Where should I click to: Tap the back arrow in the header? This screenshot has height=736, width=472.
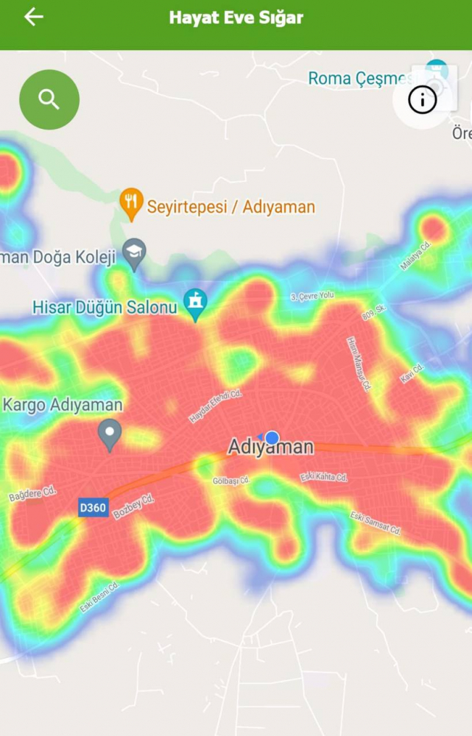point(34,17)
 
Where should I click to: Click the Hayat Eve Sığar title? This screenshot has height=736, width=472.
point(236,18)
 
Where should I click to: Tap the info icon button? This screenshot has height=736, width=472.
point(422,99)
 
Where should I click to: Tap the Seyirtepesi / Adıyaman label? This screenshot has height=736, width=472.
point(230,207)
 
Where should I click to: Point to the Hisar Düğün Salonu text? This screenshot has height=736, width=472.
point(105,308)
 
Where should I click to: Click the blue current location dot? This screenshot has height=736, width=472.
point(272,438)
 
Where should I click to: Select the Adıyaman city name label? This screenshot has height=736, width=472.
point(270,447)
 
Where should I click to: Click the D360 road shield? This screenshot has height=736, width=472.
point(94,508)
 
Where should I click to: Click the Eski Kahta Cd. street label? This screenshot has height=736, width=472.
point(324,478)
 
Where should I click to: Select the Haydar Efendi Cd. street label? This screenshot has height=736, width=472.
point(215,406)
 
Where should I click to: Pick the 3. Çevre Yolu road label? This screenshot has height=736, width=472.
point(312,295)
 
